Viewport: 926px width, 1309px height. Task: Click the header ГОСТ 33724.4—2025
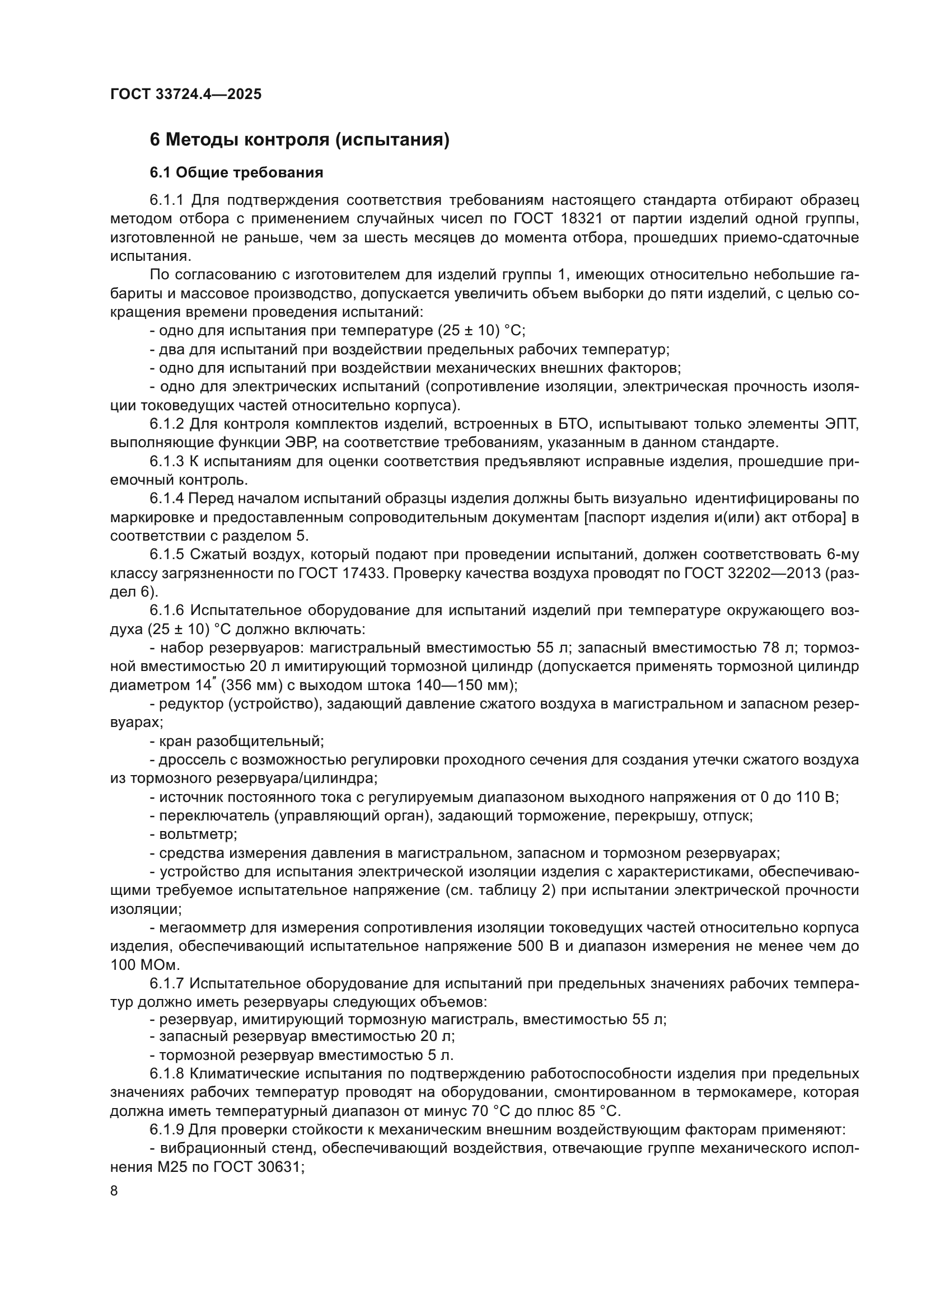[186, 94]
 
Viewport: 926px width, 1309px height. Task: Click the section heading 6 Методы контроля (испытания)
[300, 140]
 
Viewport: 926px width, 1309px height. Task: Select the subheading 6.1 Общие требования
[236, 173]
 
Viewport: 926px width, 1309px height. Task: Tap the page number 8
[114, 1191]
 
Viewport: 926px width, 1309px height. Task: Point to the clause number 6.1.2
[167, 424]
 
